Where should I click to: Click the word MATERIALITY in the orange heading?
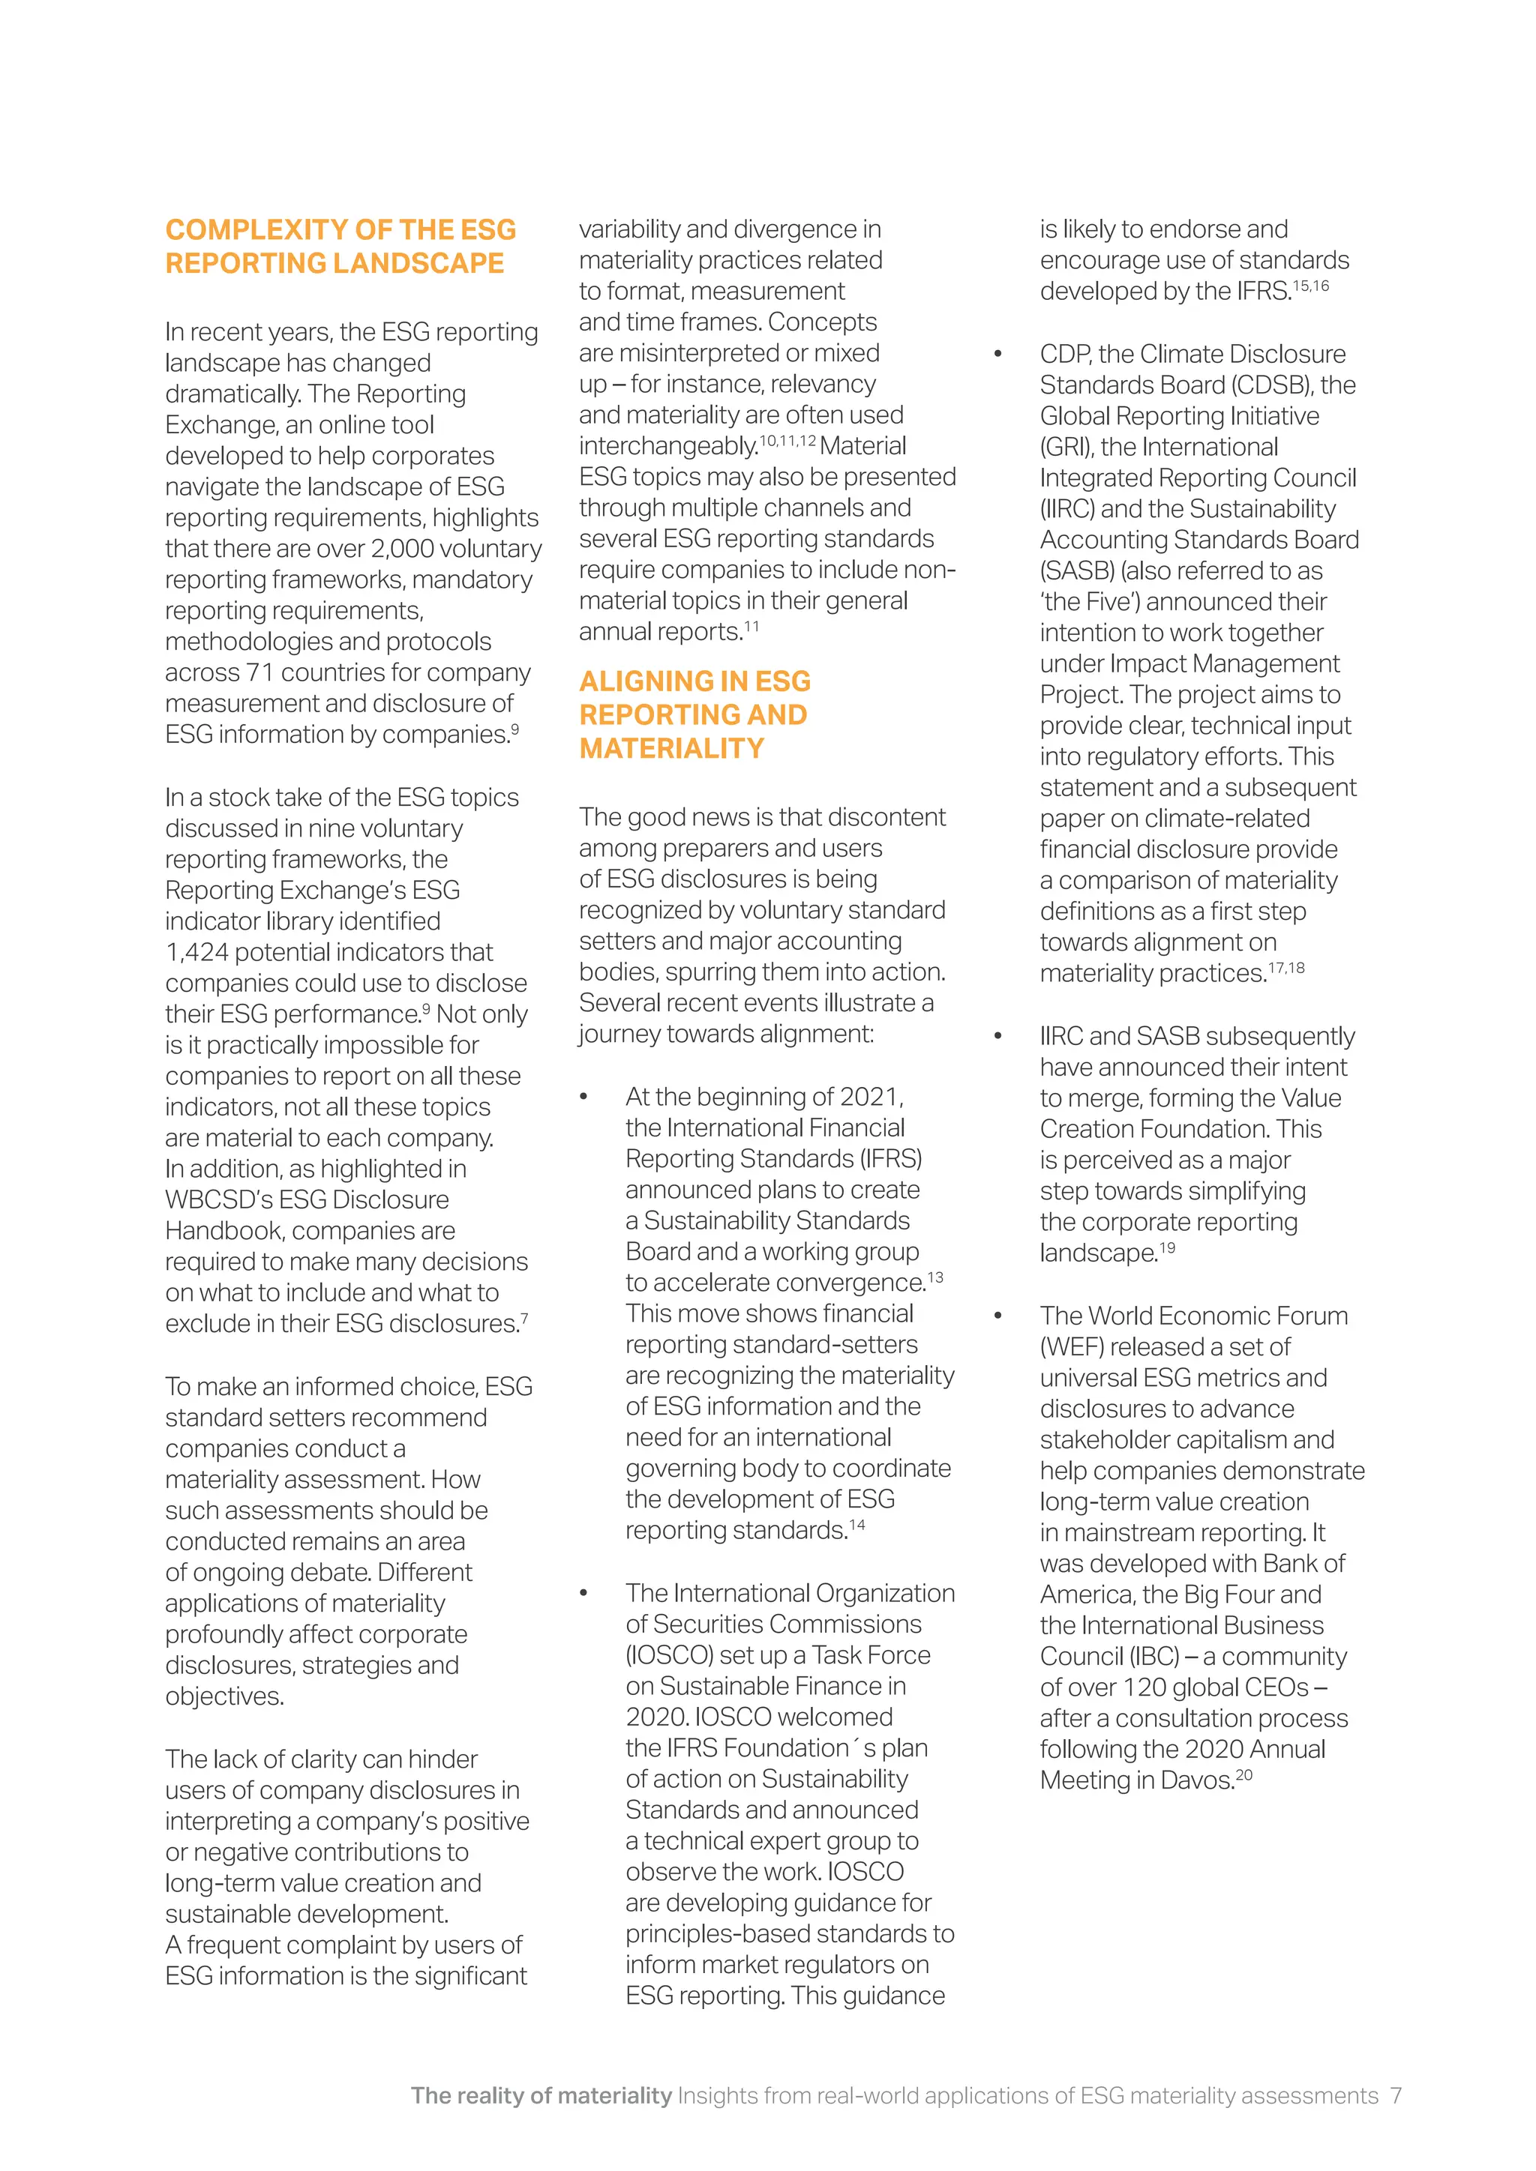(x=671, y=748)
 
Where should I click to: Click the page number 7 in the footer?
(x=1395, y=2095)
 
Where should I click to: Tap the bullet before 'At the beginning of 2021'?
(x=583, y=1097)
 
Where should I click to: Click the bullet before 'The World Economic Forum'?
(x=997, y=1316)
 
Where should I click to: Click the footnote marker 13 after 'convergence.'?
(x=935, y=1277)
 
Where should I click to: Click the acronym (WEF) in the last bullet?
(x=1073, y=1346)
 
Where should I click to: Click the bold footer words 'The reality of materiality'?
(x=541, y=2095)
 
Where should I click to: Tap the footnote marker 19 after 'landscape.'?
(x=1167, y=1248)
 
